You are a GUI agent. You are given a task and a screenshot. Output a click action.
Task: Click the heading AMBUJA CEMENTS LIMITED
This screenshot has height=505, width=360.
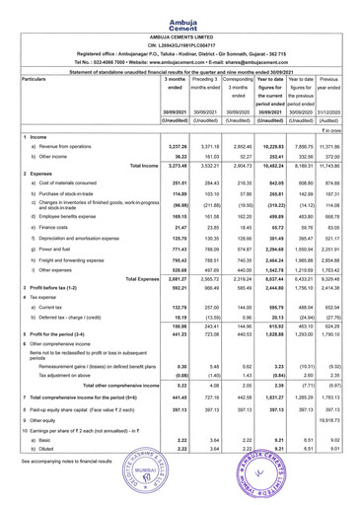(180, 29)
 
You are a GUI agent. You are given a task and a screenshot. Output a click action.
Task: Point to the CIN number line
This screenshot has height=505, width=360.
(180, 37)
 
